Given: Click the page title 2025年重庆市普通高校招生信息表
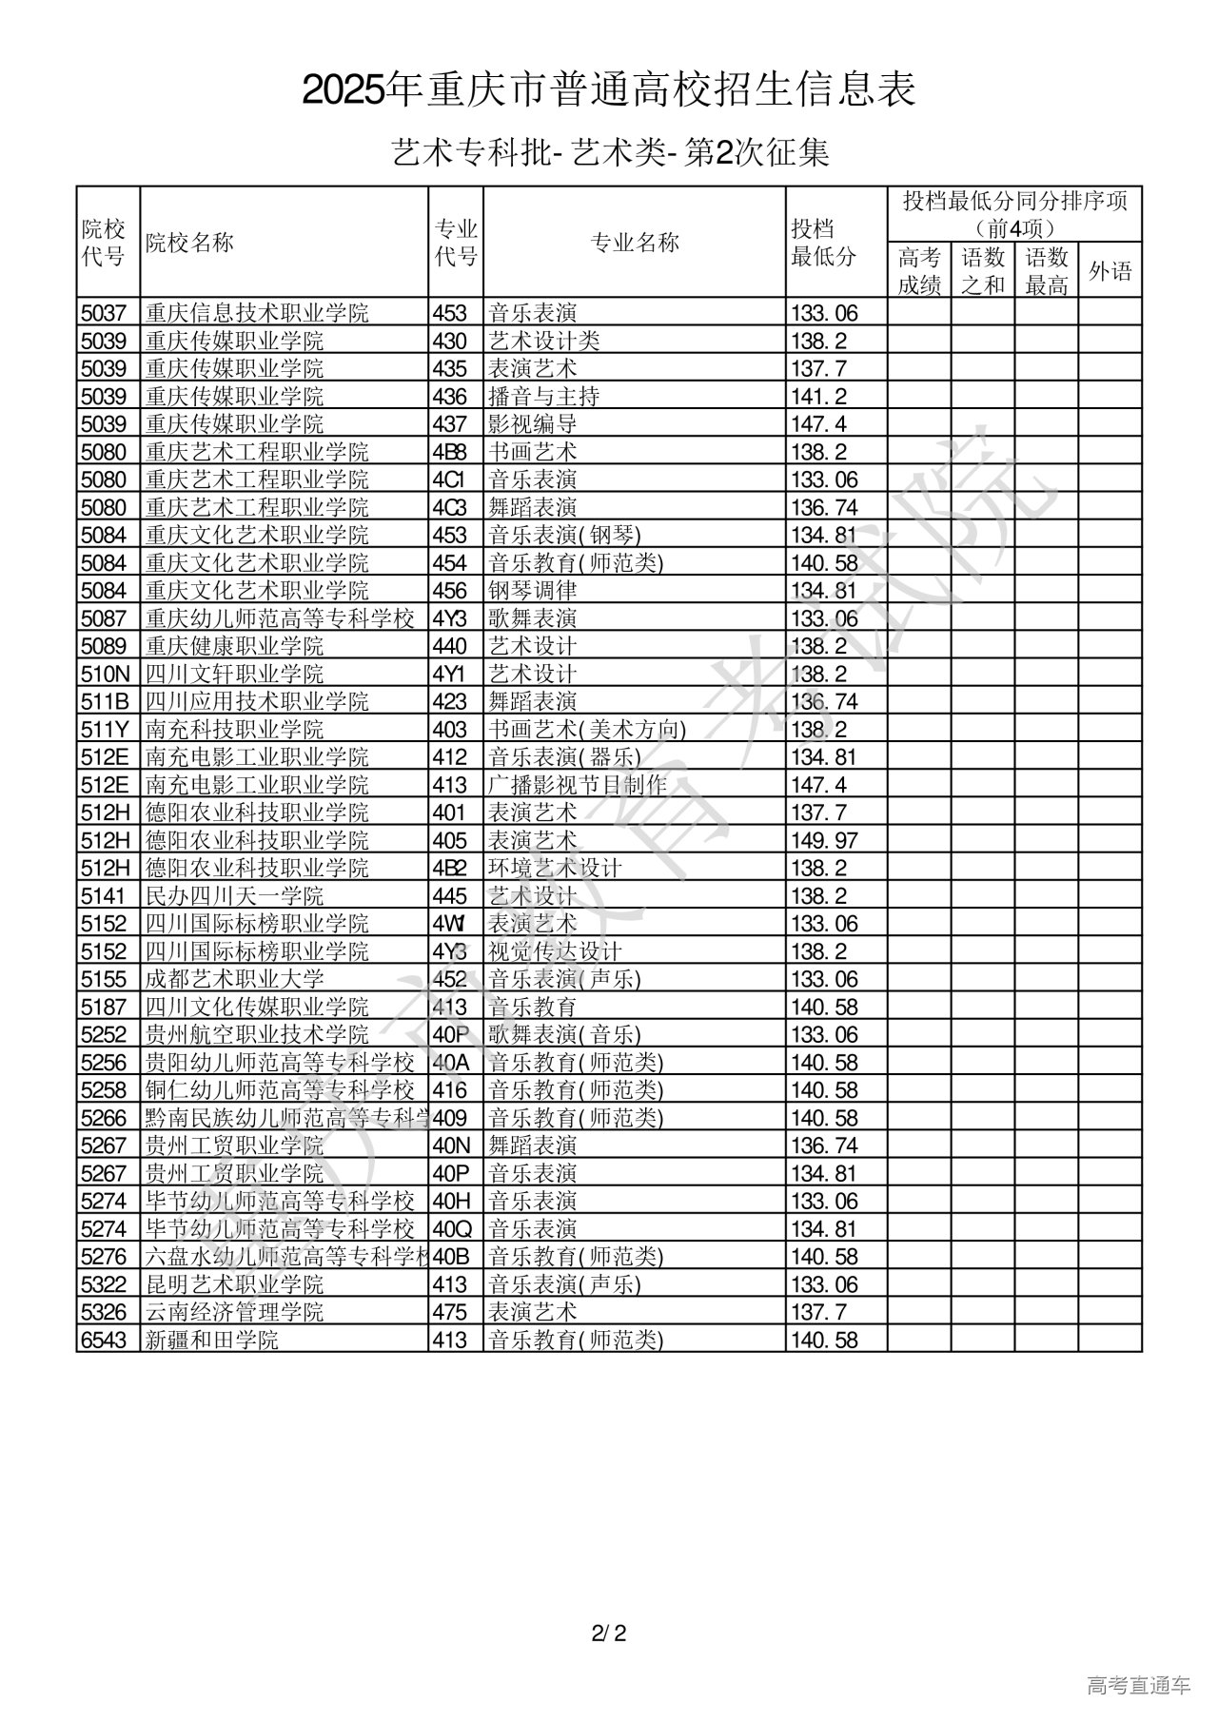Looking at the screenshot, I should coord(609,90).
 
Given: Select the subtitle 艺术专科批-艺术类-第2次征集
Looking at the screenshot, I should coord(610,152).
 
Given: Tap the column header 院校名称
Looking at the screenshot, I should coord(189,243).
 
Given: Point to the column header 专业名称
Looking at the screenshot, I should coord(635,243).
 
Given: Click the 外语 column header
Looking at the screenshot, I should coord(1110,271).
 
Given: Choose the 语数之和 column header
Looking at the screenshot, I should coord(983,271).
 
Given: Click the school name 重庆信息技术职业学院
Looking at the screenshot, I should coord(257,313).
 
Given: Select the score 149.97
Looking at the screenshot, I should coord(824,841).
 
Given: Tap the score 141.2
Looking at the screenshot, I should coord(818,397).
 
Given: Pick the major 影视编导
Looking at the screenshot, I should coord(533,424).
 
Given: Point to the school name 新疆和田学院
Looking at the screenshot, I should coord(212,1341).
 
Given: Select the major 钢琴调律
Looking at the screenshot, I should coord(533,591).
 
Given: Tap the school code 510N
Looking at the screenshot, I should coord(104,675).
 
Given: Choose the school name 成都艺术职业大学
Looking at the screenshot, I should coord(235,980).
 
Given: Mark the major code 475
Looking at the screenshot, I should coord(450,1313).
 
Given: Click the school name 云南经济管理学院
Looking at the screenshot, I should coord(235,1313).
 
